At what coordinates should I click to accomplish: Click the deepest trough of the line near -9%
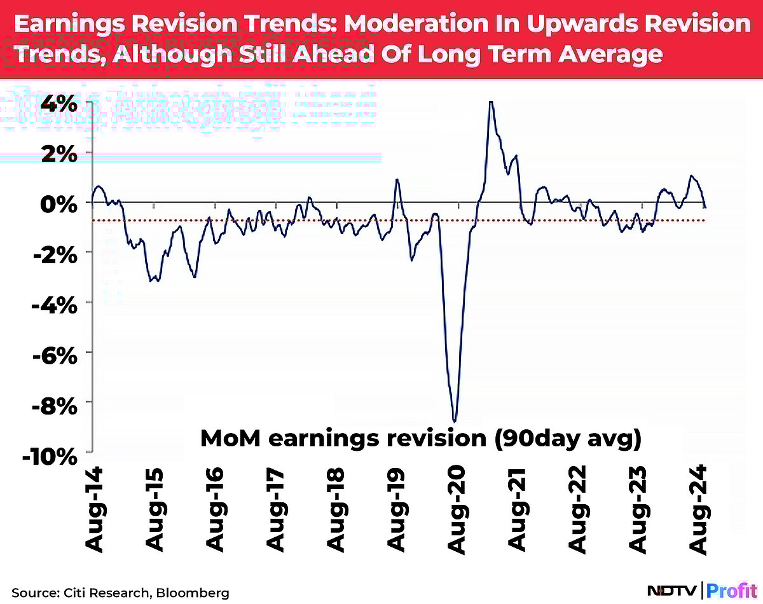[455, 421]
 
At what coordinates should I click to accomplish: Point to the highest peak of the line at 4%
[490, 102]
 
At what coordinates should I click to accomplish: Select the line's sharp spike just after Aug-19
[397, 179]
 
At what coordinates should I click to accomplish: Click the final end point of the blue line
[705, 207]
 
